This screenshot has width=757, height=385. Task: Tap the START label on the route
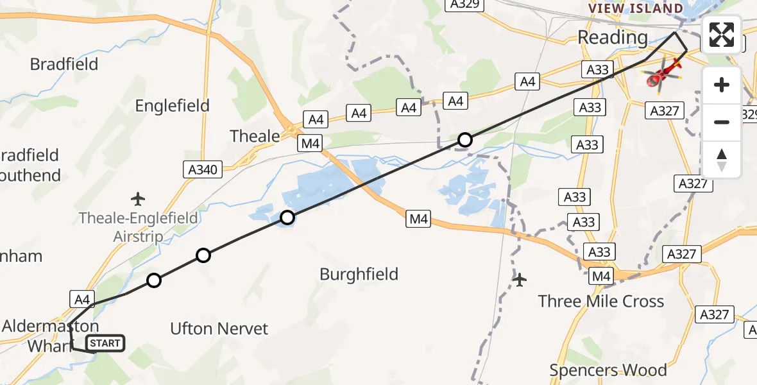click(105, 343)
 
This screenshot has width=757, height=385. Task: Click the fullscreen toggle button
click(722, 35)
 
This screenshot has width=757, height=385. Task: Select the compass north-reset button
click(722, 160)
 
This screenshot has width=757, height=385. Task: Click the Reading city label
click(613, 37)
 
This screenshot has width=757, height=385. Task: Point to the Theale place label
click(255, 136)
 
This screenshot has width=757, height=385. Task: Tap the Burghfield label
click(359, 275)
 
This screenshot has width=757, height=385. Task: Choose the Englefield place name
click(172, 106)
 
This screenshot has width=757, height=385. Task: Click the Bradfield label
click(64, 64)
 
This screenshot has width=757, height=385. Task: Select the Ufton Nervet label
click(219, 329)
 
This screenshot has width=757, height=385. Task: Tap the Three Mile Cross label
click(601, 301)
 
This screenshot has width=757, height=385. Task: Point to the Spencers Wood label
click(608, 370)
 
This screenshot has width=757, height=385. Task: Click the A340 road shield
click(203, 170)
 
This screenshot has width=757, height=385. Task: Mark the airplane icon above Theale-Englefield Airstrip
click(137, 198)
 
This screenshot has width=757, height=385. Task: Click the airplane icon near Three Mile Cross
click(520, 280)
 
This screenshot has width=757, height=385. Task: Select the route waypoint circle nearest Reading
click(465, 139)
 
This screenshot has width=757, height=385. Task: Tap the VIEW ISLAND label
click(636, 8)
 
